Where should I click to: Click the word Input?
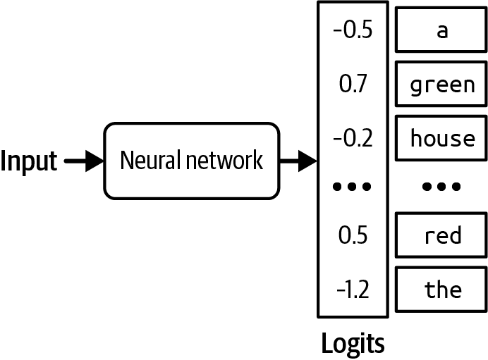[28, 161]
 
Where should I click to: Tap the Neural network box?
[191, 161]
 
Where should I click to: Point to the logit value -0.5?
[353, 32]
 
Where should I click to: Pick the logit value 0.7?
[353, 85]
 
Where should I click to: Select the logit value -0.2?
[353, 138]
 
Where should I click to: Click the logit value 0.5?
[353, 235]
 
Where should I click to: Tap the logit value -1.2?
[353, 289]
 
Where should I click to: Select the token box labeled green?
[441, 85]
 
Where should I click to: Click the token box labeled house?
[441, 138]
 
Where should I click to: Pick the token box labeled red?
[441, 235]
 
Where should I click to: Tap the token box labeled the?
[441, 289]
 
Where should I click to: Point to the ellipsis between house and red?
[441, 187]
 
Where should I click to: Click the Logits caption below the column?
[353, 343]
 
